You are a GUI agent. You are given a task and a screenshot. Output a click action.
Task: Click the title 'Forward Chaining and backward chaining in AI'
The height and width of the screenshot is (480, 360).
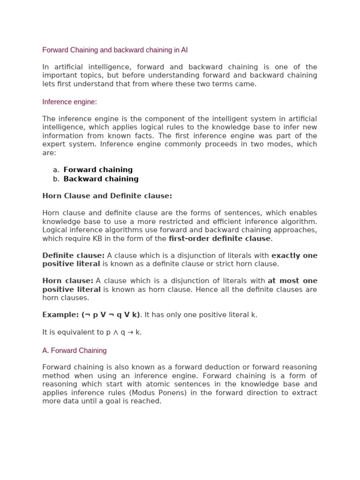pos(115,50)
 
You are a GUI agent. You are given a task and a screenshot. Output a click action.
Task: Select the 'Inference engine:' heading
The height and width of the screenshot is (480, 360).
pos(69,102)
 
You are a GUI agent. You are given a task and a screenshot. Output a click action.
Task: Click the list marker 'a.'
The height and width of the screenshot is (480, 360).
pos(56,170)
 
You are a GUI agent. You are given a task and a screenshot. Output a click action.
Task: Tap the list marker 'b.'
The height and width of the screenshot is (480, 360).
pos(56,179)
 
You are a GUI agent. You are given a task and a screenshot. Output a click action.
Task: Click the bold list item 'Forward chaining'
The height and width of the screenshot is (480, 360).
pos(98,170)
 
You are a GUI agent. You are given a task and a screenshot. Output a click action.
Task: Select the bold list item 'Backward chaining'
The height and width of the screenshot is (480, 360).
pos(101,179)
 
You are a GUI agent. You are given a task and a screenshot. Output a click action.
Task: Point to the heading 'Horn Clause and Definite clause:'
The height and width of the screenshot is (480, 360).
pos(107,196)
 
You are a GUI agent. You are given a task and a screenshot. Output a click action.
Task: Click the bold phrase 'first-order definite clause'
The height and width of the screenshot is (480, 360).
pos(219,239)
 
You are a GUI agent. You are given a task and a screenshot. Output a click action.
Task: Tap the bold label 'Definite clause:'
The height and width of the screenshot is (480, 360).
pos(74,255)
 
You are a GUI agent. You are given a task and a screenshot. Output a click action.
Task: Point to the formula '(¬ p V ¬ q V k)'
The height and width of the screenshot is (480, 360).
pos(111,315)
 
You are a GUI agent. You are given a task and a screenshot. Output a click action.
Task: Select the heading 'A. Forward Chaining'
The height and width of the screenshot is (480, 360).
pos(74,351)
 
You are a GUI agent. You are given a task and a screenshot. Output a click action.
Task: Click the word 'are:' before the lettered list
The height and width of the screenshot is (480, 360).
pos(49,153)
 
